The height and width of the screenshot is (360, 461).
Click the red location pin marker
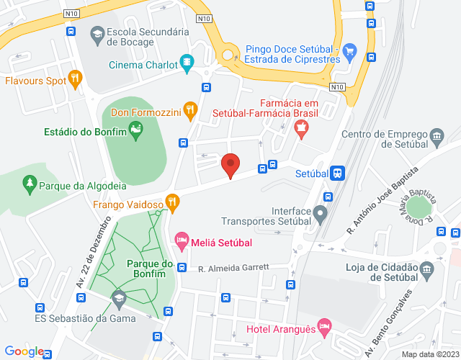click(230, 165)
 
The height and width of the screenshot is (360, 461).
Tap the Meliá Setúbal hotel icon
click(182, 240)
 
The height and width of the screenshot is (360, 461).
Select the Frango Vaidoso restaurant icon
click(171, 202)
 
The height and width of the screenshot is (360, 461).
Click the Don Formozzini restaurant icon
click(189, 109)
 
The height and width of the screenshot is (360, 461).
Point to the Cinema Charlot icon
click(187, 63)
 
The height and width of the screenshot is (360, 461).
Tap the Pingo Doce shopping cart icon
click(350, 50)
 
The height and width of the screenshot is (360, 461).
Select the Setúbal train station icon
click(337, 173)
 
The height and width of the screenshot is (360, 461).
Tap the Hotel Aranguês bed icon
click(324, 326)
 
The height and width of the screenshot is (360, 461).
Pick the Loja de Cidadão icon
click(427, 271)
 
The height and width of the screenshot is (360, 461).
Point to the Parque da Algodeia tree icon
click(30, 184)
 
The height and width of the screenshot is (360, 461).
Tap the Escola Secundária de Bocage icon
click(97, 34)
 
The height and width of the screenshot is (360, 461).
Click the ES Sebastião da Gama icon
click(119, 297)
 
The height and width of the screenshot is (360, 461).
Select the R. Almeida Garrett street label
click(233, 267)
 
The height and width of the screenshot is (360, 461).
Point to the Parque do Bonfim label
click(147, 269)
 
